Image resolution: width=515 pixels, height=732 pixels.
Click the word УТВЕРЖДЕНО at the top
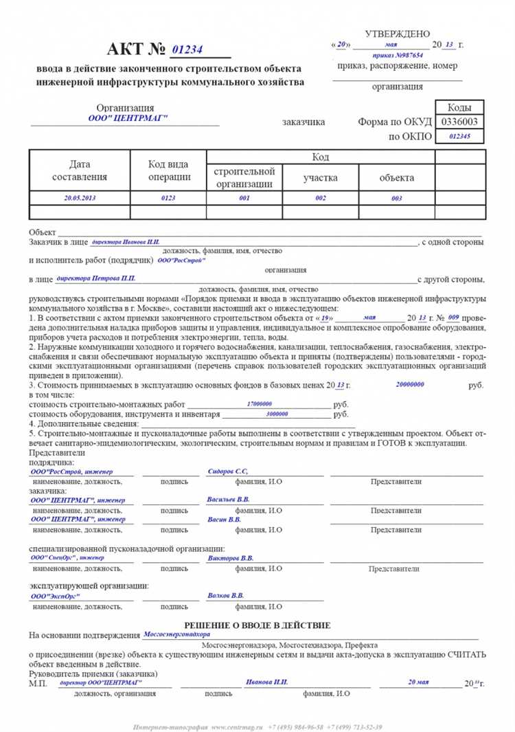point(398,34)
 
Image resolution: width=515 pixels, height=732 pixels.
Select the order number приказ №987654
point(398,54)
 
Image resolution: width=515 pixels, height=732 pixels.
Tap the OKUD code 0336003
point(459,122)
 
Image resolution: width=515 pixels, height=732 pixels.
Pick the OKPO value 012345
point(459,136)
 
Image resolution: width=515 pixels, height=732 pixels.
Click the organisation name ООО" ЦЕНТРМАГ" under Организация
point(128,118)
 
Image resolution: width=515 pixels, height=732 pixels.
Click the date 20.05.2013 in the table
point(80,197)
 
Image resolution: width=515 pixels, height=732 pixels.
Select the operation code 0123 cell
point(168,197)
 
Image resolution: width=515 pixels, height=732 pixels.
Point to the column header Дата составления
point(80,171)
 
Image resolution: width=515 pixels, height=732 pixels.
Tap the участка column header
point(321,177)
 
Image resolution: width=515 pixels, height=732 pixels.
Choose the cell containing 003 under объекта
point(397,198)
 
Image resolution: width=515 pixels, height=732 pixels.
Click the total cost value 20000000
point(410,385)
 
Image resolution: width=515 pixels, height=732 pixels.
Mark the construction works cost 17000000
point(259,404)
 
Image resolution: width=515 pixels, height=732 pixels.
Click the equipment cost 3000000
point(277,414)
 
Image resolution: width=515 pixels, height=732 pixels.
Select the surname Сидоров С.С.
point(227,472)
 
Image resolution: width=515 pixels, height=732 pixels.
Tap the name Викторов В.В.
point(230,558)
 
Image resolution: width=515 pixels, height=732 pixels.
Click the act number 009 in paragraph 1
point(453,318)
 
